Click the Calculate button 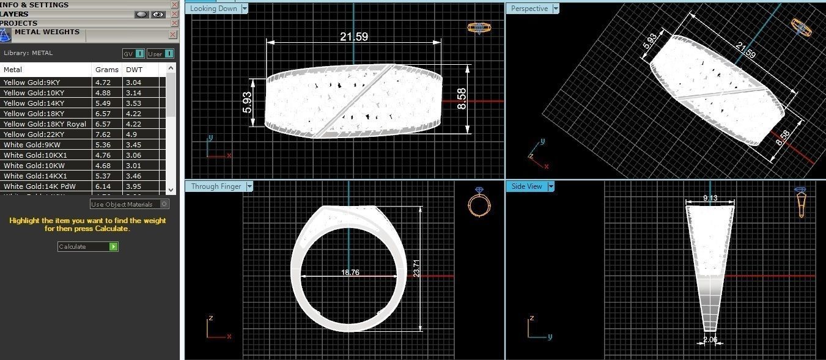tap(87, 246)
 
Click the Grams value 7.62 tap(102, 134)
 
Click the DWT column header tap(134, 70)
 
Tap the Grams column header tap(107, 70)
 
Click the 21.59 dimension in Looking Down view tap(354, 37)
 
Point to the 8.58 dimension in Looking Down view tap(462, 99)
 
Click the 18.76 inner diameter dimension tap(350, 273)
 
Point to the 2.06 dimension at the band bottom tap(710, 339)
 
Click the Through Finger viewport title tap(216, 186)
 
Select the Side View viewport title tap(526, 186)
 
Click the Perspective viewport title tap(529, 9)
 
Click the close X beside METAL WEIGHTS tap(173, 35)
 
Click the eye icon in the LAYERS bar tap(158, 14)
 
